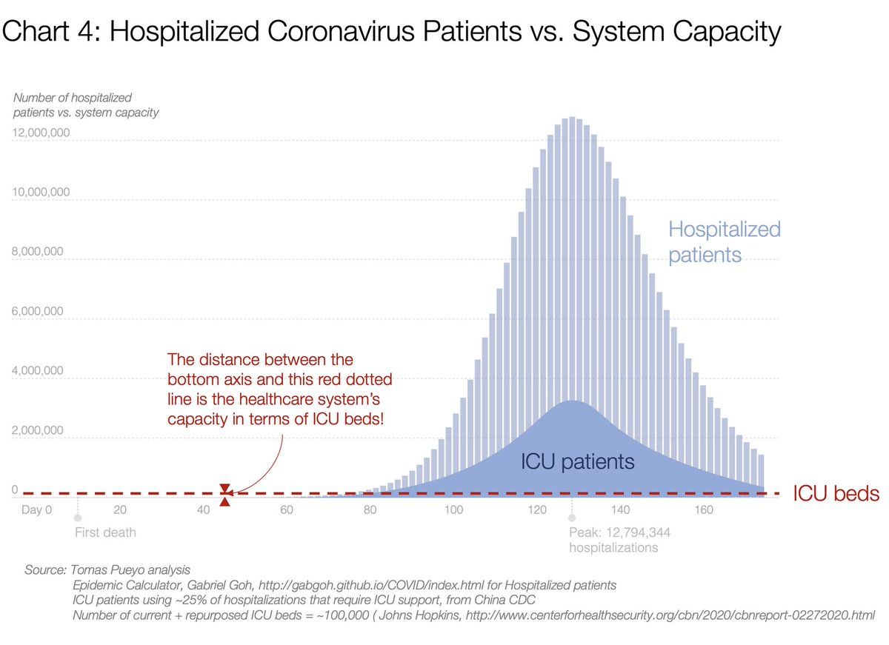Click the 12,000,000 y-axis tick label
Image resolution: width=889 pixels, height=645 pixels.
click(x=41, y=133)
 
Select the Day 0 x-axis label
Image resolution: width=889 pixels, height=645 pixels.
click(x=37, y=509)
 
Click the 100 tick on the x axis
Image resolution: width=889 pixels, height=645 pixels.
click(x=453, y=509)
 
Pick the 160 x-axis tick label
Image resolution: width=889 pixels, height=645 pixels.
click(x=704, y=509)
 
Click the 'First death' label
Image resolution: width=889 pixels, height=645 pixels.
click(x=105, y=532)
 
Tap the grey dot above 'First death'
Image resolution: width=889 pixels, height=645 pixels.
click(x=77, y=518)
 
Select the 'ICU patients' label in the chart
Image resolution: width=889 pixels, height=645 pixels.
click(x=578, y=463)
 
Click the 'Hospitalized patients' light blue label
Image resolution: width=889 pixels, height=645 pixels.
click(x=724, y=242)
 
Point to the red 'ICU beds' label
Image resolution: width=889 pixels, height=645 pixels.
click(x=836, y=494)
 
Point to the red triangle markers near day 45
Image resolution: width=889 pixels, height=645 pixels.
click(x=225, y=495)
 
